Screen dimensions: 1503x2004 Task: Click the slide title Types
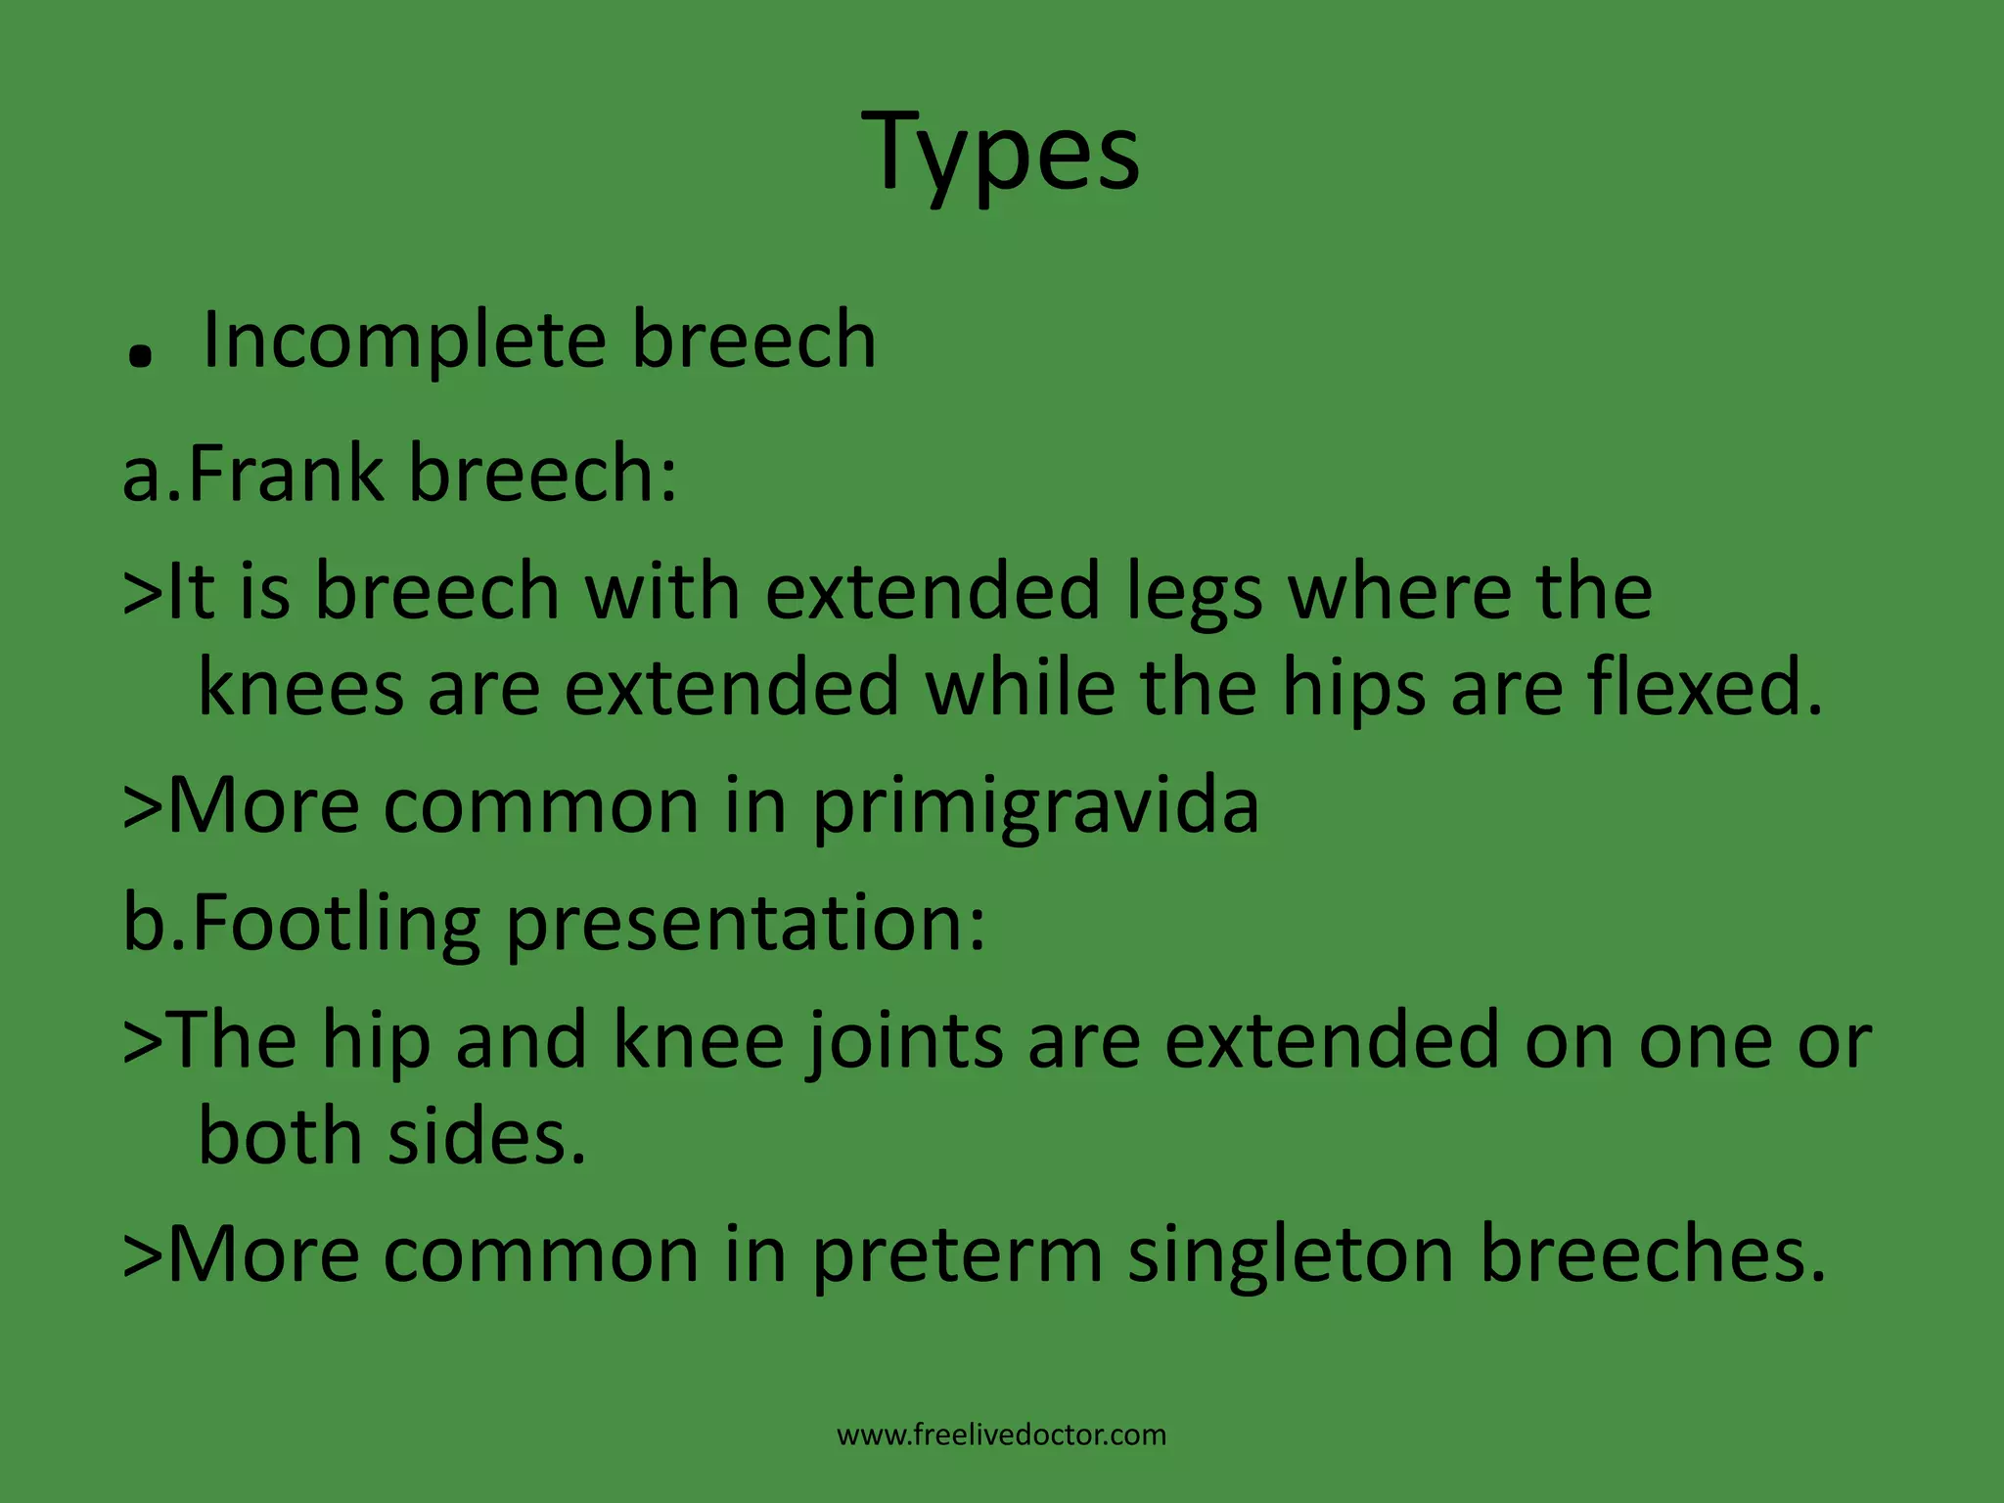[x=1001, y=152]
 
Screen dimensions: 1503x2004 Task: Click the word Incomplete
[x=404, y=341]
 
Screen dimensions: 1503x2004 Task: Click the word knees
[x=300, y=688]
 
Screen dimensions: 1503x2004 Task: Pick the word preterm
[x=958, y=1256]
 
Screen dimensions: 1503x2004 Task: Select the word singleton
[x=1291, y=1256]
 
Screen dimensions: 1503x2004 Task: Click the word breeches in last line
[x=1652, y=1254]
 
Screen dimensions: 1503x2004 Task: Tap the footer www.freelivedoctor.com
[x=1001, y=1435]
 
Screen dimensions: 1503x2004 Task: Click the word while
[x=1020, y=688]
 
